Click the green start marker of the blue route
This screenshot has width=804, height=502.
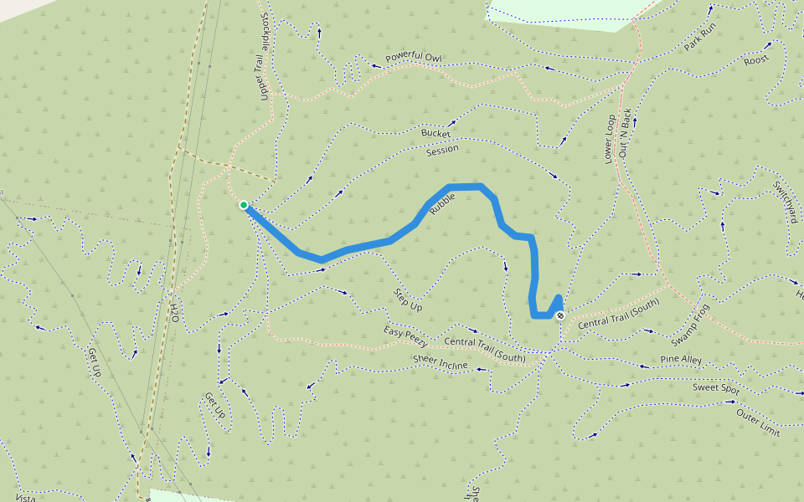click(x=243, y=205)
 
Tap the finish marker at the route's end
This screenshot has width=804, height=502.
click(x=559, y=315)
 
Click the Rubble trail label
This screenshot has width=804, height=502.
click(x=441, y=205)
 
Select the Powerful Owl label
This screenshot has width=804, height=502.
click(x=413, y=58)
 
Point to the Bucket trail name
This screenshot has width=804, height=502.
click(x=435, y=133)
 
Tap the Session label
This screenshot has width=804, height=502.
click(x=442, y=151)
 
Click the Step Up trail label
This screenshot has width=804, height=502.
click(x=408, y=301)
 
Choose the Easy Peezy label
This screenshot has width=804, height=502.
click(x=406, y=336)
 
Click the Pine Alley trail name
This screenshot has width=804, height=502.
click(x=681, y=360)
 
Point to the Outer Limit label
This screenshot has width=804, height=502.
click(x=758, y=423)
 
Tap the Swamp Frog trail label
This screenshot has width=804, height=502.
click(x=690, y=325)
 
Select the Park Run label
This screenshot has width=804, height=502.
click(x=700, y=37)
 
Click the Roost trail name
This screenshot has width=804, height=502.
click(x=755, y=59)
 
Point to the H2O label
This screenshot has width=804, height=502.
click(x=174, y=312)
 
